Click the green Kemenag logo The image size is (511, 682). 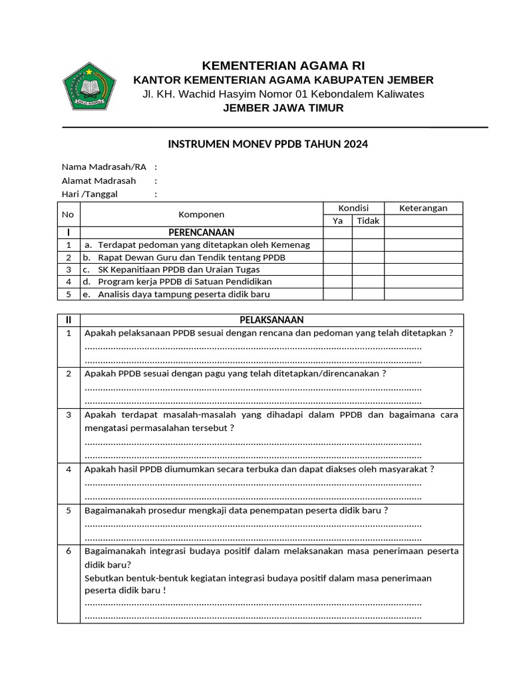[89, 86]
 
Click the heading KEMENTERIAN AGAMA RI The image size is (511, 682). [283, 65]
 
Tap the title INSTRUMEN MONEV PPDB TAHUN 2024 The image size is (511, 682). [267, 144]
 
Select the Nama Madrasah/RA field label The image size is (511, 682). [104, 167]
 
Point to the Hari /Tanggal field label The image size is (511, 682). [93, 194]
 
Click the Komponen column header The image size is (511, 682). [201, 214]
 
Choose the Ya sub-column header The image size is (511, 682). [337, 220]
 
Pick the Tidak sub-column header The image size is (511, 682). [368, 220]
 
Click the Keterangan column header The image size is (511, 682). [423, 208]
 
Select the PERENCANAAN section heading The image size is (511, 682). [201, 232]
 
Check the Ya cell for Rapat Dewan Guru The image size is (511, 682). [337, 257]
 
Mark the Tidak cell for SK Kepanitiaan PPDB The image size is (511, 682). [368, 270]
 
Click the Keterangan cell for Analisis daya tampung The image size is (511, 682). [423, 294]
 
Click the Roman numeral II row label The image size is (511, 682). [69, 320]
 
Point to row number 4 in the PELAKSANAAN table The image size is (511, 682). [69, 469]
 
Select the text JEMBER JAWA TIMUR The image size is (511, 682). [283, 108]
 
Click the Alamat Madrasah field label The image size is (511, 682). [98, 180]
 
